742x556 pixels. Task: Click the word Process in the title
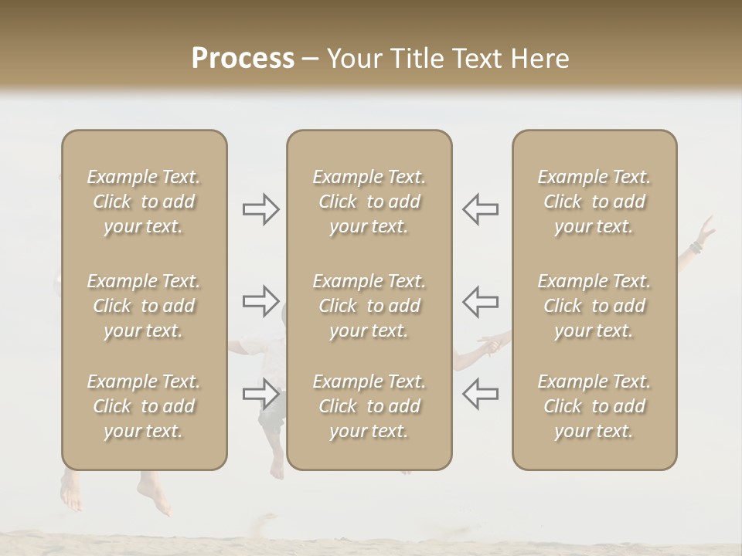[243, 59]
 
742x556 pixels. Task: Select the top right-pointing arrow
[260, 209]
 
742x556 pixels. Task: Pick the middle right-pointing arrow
[260, 300]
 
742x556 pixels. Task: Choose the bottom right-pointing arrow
[260, 394]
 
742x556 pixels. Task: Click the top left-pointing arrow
[481, 209]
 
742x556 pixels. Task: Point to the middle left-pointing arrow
[481, 300]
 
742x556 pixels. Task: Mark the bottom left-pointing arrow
[481, 394]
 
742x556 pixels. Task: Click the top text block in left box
[144, 202]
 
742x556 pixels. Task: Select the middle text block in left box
[144, 306]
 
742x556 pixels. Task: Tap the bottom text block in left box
[144, 406]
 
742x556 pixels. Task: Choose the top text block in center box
[369, 202]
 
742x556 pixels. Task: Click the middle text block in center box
[369, 306]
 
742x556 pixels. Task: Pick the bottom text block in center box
[369, 406]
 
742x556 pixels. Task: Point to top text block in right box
[594, 202]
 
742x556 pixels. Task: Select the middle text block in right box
[594, 306]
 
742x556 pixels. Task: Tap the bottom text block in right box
[594, 406]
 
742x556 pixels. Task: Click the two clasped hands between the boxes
[488, 344]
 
